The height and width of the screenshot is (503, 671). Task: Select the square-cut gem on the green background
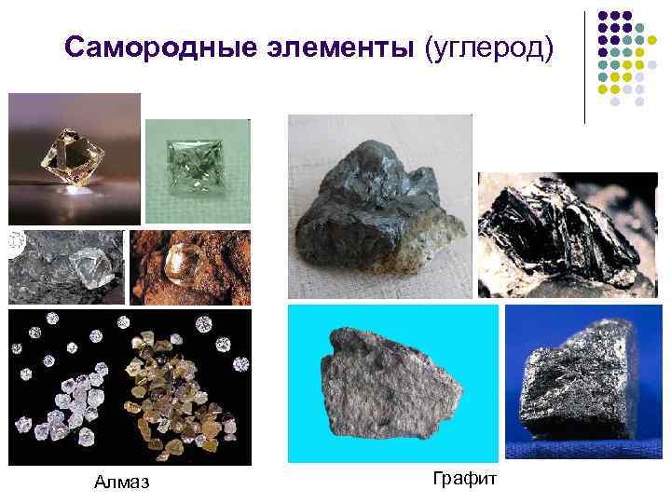[195, 165]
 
